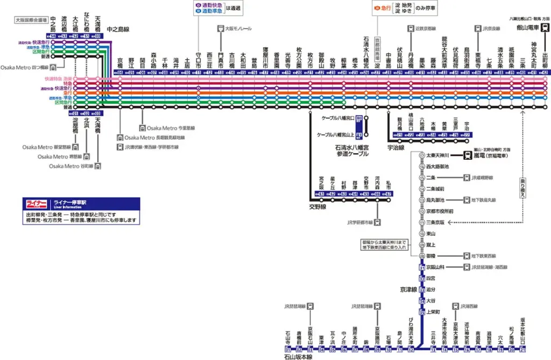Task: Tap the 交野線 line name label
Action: click(318, 204)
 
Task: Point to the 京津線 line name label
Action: click(408, 289)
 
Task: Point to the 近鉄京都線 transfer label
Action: click(425, 28)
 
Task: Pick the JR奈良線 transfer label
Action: click(491, 28)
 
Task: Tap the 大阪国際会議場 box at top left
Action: click(31, 20)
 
